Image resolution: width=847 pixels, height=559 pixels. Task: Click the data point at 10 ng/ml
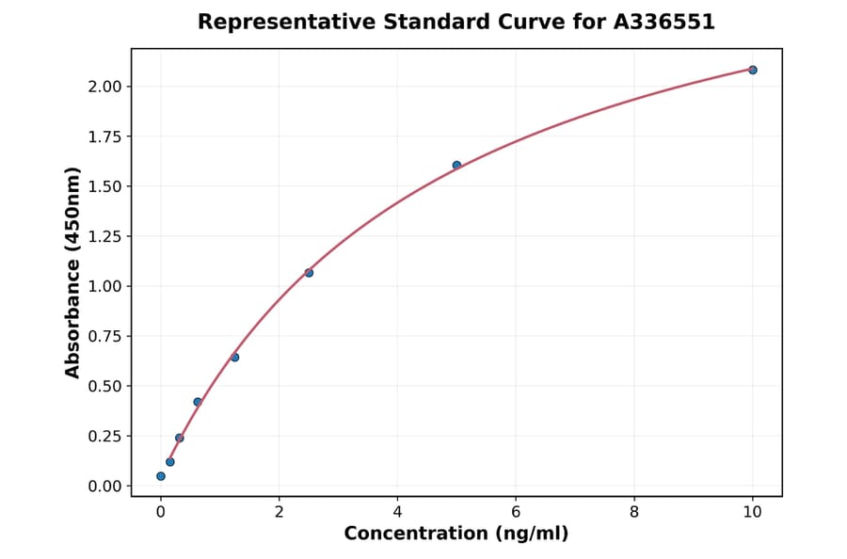point(752,70)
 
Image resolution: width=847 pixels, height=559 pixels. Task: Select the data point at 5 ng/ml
point(456,166)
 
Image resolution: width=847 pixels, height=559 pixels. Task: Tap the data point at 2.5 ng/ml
point(309,273)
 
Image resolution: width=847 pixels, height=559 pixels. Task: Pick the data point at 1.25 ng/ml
point(234,358)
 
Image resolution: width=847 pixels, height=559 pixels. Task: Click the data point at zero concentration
point(161,476)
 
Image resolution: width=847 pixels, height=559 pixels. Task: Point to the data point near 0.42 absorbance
point(198,402)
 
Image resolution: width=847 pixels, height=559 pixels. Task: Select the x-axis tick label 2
point(279,512)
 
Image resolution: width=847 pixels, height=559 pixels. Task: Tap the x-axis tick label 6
point(516,512)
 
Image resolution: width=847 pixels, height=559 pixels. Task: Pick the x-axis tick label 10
point(752,512)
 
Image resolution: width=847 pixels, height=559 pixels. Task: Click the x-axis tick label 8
point(634,512)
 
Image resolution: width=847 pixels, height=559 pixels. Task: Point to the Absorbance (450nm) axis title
point(72,273)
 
